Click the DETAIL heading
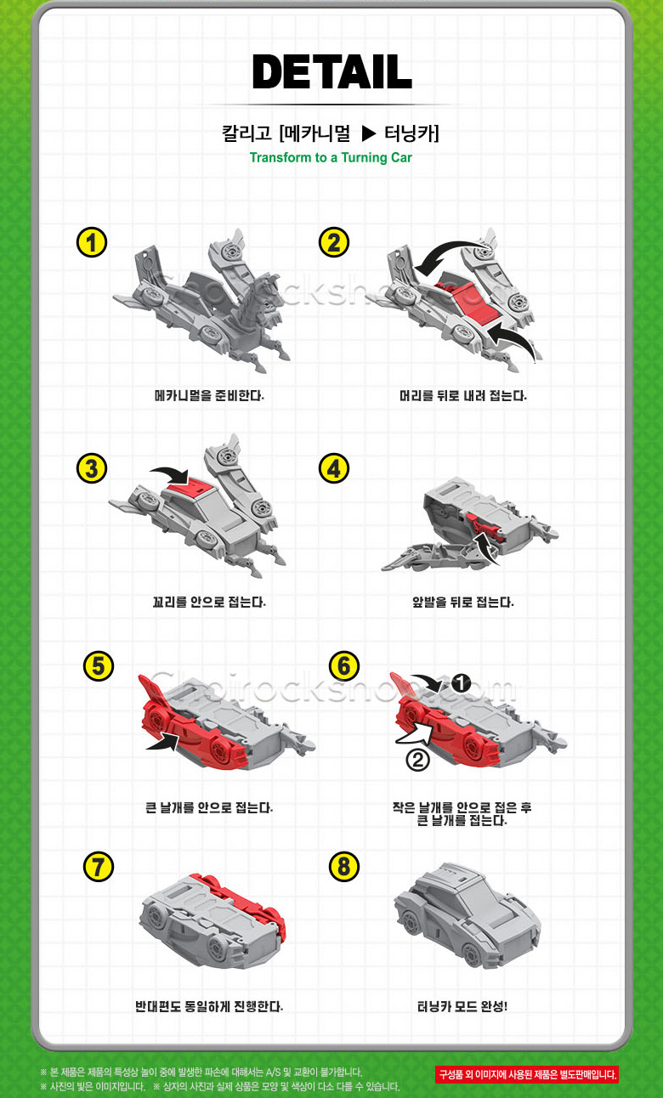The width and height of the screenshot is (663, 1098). click(x=332, y=71)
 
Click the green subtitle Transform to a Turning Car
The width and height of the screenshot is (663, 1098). click(x=331, y=157)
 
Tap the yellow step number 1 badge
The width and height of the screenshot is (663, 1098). click(x=92, y=242)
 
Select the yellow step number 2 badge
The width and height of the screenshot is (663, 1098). click(x=334, y=242)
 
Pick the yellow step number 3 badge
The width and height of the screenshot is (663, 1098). click(x=92, y=468)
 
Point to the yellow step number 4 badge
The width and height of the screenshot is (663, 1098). click(x=334, y=468)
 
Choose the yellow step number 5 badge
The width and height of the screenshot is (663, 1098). click(x=99, y=666)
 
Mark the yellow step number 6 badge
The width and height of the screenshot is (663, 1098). click(x=344, y=666)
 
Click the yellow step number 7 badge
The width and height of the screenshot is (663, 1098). click(x=99, y=866)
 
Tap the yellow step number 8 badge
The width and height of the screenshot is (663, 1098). click(x=344, y=866)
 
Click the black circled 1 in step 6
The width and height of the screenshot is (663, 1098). click(x=461, y=682)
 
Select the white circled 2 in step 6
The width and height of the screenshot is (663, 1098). click(x=418, y=761)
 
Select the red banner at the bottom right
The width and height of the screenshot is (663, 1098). click(x=527, y=1075)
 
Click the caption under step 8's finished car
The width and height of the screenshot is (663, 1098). click(x=462, y=1006)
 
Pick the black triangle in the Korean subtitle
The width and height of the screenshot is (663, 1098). click(x=368, y=133)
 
